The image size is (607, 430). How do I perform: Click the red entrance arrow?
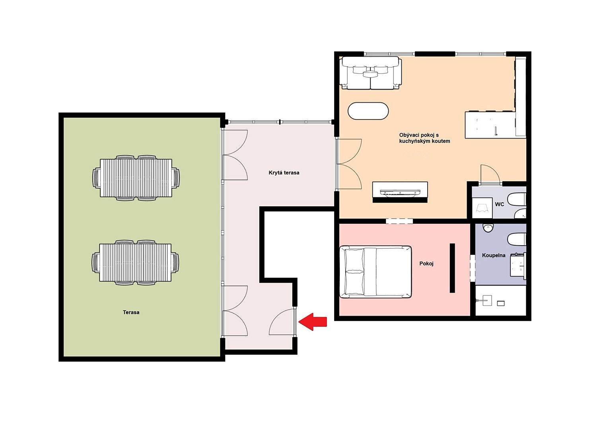tap(313, 322)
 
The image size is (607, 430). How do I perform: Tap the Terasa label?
tap(131, 312)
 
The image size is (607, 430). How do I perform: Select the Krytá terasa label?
tap(284, 172)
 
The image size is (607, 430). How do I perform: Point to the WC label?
tap(500, 204)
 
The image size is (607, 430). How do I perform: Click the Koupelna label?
tap(494, 255)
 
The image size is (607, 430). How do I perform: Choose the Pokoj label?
tap(426, 264)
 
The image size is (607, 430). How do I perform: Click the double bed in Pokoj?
tap(375, 272)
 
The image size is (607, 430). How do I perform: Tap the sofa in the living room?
tap(372, 73)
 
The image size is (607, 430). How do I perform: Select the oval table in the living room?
tap(368, 111)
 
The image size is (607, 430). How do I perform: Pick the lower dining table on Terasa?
tap(135, 263)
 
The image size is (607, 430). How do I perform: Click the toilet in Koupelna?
tap(517, 240)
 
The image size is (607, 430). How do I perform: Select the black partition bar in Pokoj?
tap(452, 268)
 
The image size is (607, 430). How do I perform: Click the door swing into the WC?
tap(490, 174)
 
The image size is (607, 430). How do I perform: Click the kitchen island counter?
tap(490, 125)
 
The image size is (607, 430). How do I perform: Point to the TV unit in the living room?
tap(400, 192)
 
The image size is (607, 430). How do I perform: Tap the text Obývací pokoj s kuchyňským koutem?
tap(425, 138)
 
